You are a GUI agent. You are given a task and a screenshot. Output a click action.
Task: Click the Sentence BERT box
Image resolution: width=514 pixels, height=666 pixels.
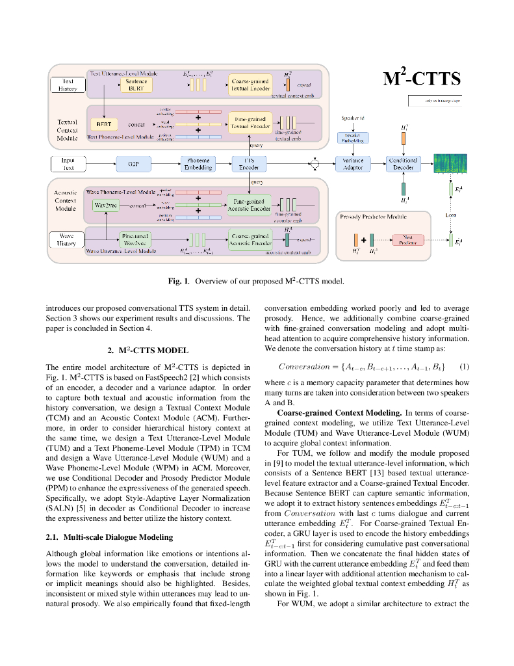coord(136,85)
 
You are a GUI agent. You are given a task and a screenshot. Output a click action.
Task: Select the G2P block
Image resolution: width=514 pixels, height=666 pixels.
coord(133,164)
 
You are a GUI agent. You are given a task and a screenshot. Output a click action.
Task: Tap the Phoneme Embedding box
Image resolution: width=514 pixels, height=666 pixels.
coord(198,164)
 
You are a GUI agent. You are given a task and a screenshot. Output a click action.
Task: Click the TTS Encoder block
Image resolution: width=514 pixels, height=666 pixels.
coord(249,164)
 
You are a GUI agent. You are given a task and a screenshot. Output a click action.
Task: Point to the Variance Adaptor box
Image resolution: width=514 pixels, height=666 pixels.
coord(353,164)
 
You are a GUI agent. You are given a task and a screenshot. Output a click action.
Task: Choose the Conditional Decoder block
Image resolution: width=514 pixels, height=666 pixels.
coord(404,164)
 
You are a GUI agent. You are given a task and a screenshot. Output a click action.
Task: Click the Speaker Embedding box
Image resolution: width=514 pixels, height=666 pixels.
coord(353,138)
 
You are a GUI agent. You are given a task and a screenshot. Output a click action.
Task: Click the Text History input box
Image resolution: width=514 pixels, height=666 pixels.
coord(68,85)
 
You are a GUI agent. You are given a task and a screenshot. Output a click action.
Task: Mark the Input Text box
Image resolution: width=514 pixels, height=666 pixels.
coord(68,164)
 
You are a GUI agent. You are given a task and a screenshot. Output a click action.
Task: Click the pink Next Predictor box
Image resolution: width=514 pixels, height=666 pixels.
coord(409,241)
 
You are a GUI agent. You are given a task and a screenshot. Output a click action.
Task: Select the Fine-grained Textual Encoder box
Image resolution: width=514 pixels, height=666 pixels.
coord(250,122)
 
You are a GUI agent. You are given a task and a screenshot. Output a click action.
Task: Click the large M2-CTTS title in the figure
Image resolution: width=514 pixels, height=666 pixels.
coord(422,78)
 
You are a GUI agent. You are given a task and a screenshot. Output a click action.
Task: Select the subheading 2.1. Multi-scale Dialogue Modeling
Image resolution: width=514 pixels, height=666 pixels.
coord(100,537)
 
